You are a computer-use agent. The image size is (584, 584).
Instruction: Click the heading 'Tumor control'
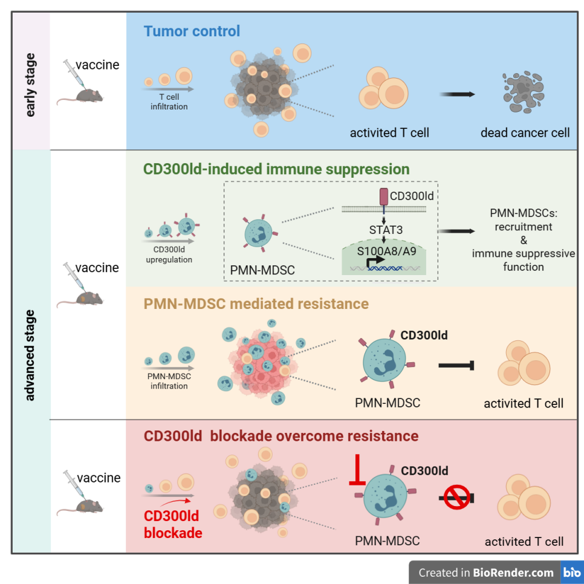[x=192, y=31]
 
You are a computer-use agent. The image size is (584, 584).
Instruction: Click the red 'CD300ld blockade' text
[x=173, y=525]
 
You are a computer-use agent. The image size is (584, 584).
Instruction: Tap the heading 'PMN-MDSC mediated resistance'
[x=256, y=303]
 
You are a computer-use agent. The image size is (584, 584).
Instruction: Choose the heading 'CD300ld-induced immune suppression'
[x=276, y=169]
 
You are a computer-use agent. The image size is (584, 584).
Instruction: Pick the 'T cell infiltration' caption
[x=169, y=102]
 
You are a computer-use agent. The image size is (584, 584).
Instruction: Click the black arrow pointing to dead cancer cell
[x=456, y=94]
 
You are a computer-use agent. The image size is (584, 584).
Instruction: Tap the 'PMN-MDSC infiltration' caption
[x=169, y=381]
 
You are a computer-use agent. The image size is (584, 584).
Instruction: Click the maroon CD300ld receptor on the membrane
[x=383, y=197]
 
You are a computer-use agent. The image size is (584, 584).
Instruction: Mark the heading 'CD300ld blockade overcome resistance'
[x=281, y=435]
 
